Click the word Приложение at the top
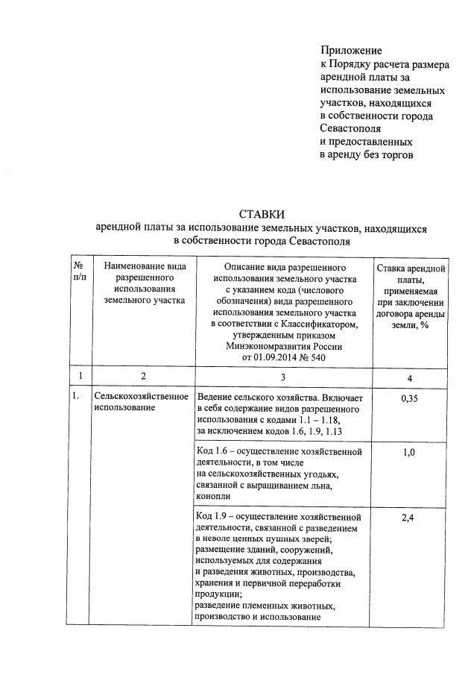[350, 51]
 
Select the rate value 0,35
[409, 399]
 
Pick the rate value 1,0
[409, 453]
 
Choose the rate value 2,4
[409, 518]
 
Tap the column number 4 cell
[409, 377]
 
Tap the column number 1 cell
[79, 377]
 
